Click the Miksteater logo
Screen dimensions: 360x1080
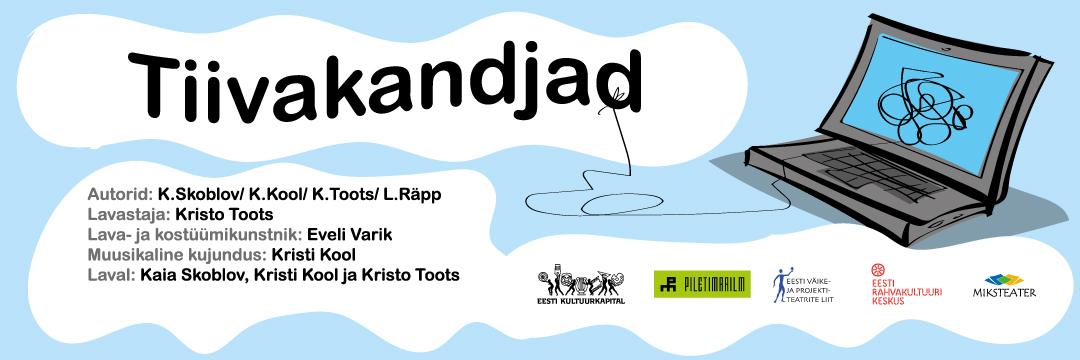tap(1003, 285)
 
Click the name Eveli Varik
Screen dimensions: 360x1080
tap(350, 234)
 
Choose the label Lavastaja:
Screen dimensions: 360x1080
tap(128, 214)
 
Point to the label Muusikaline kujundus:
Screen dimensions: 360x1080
tap(177, 254)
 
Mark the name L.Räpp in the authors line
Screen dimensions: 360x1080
tap(415, 195)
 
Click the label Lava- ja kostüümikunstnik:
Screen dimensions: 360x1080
tap(195, 234)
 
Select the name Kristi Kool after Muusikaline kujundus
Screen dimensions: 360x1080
tap(315, 254)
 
